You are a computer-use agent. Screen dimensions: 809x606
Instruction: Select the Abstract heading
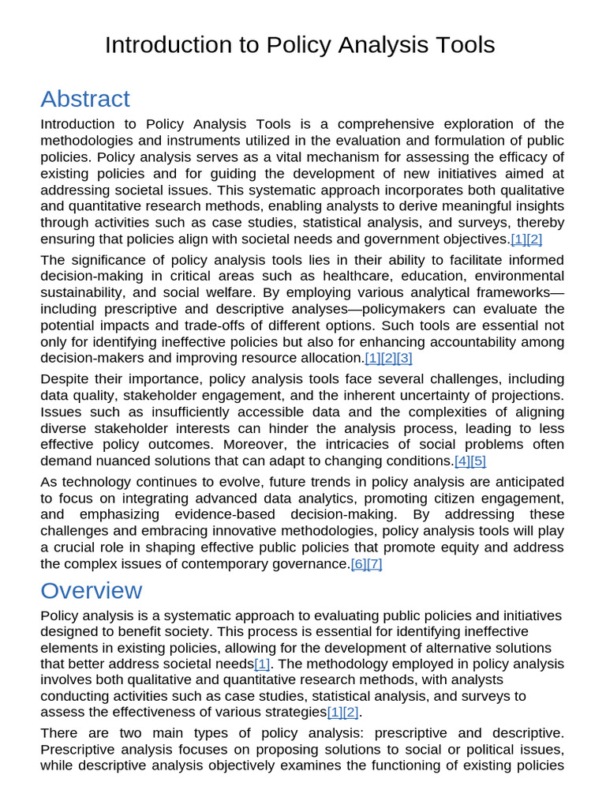click(x=85, y=99)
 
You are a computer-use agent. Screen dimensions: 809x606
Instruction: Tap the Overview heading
click(x=92, y=590)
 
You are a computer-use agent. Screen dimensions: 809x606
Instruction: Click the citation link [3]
click(x=404, y=358)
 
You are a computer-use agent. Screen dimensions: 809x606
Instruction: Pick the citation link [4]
click(x=462, y=461)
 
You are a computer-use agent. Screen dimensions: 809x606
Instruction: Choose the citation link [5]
click(x=478, y=461)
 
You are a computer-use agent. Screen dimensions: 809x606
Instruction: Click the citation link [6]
click(x=358, y=563)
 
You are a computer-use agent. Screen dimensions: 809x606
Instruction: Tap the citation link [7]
click(x=374, y=563)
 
